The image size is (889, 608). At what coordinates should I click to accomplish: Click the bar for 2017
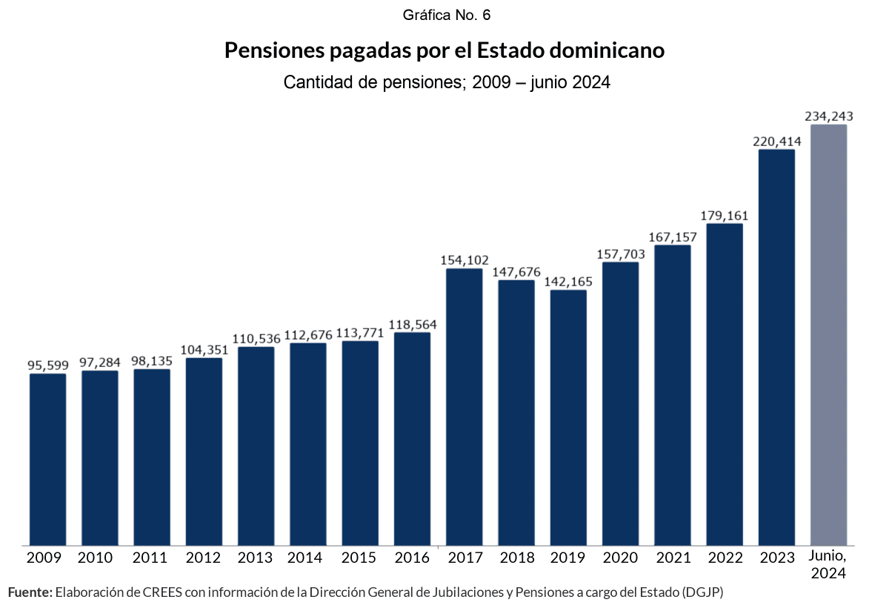[x=464, y=407]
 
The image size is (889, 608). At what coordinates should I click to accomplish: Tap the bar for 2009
[x=47, y=460]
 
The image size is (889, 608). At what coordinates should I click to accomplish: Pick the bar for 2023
[x=776, y=348]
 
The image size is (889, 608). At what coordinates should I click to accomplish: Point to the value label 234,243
[x=829, y=116]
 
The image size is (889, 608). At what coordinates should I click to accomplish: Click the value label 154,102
[x=465, y=260]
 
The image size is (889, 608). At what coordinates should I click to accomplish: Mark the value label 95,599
[x=47, y=365]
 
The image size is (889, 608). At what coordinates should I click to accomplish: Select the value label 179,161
[x=725, y=215]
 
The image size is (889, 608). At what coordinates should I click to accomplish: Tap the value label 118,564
[x=413, y=323]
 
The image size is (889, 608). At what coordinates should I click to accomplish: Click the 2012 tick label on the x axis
[x=204, y=558]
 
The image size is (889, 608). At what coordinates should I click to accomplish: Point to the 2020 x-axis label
[x=620, y=558]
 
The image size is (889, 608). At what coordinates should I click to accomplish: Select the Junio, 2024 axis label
[x=828, y=564]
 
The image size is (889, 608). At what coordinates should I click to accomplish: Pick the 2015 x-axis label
[x=360, y=558]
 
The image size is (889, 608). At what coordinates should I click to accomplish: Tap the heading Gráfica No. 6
[x=447, y=15]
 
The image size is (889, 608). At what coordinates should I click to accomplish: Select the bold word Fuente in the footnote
[x=30, y=592]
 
